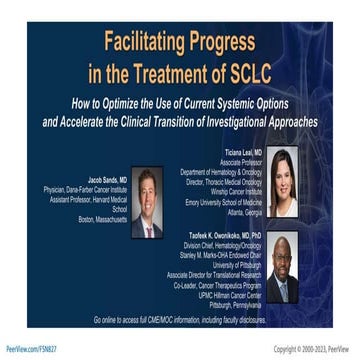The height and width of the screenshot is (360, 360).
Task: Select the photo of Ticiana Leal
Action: [281, 183]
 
